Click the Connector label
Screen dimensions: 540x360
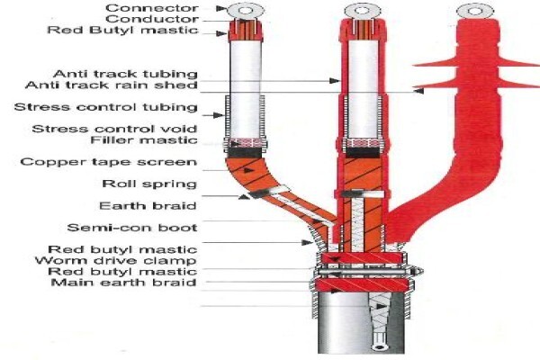(152, 8)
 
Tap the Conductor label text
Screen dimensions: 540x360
(152, 19)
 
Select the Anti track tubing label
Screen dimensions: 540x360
(125, 74)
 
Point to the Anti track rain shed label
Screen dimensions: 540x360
(112, 85)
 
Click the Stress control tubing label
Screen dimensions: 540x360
(105, 107)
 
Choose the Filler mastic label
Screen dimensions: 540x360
(144, 140)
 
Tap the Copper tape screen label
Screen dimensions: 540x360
(109, 162)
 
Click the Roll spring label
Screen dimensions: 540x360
(149, 184)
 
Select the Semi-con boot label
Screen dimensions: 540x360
(132, 228)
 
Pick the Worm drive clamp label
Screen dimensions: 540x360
(116, 260)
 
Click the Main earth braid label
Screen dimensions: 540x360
(123, 283)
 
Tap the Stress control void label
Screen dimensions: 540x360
(114, 130)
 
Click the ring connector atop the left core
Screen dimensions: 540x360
(245, 10)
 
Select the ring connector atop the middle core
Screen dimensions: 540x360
(363, 10)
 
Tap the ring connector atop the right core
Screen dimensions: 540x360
(474, 12)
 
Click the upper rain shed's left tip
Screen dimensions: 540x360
(414, 65)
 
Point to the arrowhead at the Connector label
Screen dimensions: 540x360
(221, 8)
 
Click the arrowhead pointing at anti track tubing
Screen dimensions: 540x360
(335, 81)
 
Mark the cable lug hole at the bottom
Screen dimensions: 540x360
(380, 346)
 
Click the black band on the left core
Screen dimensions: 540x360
(244, 152)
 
